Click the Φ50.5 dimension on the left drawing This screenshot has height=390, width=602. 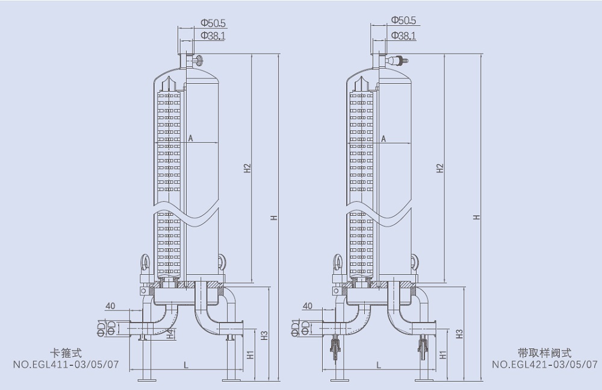[x=213, y=22]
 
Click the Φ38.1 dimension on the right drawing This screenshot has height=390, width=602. [x=403, y=36]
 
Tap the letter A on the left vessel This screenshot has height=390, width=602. [x=190, y=138]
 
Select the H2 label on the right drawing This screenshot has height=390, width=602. [x=440, y=168]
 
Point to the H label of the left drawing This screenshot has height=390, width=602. [x=274, y=217]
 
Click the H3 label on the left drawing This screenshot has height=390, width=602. [x=264, y=334]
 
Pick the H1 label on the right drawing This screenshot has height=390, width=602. [x=442, y=355]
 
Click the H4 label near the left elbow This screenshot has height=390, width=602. [x=170, y=333]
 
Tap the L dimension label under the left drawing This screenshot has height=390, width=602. [x=185, y=365]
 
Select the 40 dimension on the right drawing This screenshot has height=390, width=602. [x=307, y=306]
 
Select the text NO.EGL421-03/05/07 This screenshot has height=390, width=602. [x=545, y=364]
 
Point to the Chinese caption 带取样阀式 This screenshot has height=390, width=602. [x=545, y=353]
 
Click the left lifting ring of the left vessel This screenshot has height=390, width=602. [x=145, y=262]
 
